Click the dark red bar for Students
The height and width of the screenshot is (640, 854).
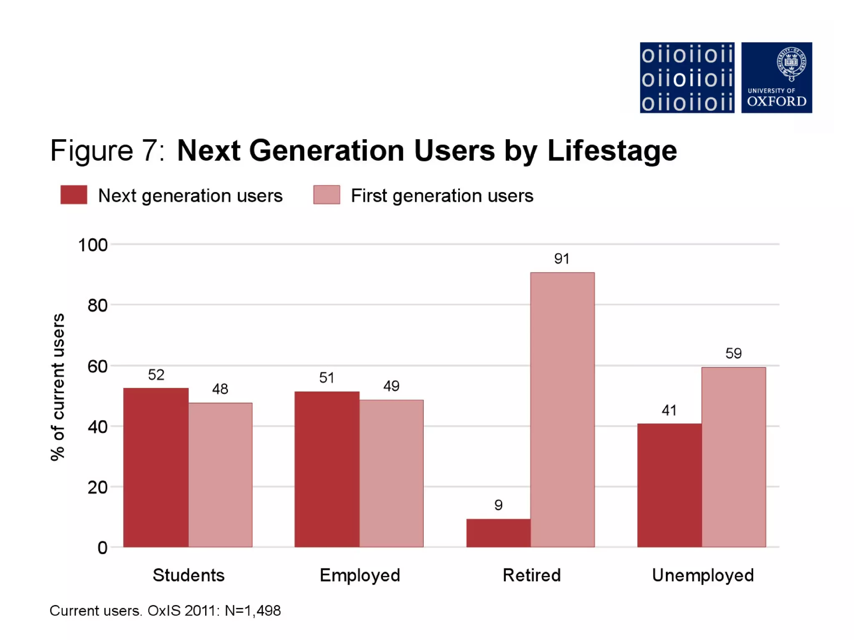click(x=156, y=467)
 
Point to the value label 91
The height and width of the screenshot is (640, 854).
click(x=562, y=259)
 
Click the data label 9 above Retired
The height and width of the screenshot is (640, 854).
click(x=498, y=505)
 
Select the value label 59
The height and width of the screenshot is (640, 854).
click(x=733, y=353)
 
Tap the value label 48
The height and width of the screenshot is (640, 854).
click(x=220, y=389)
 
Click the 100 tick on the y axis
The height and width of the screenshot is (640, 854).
click(x=93, y=245)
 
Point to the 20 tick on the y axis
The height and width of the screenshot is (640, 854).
click(x=98, y=487)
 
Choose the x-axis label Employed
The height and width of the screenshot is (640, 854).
click(x=360, y=575)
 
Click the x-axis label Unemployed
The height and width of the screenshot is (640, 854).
click(x=703, y=575)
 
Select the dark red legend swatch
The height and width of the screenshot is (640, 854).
click(x=74, y=195)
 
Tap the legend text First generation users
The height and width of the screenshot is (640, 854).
click(x=442, y=195)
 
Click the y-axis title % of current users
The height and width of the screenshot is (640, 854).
click(x=58, y=387)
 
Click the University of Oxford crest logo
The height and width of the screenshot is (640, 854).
click(x=776, y=77)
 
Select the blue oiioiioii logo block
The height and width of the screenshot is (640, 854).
click(x=687, y=77)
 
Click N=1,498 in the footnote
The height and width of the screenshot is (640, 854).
click(x=253, y=611)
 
